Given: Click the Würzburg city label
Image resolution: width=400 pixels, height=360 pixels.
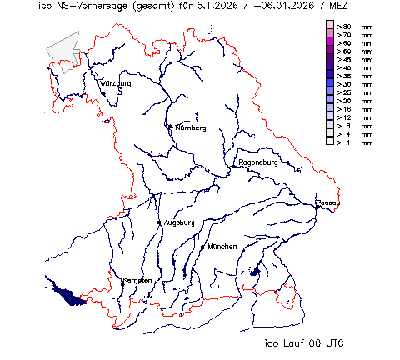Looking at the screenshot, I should pyautogui.click(x=116, y=84).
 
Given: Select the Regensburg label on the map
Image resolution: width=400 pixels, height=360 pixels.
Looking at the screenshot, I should pyautogui.click(x=257, y=162).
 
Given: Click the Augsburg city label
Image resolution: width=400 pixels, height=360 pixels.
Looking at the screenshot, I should pyautogui.click(x=179, y=222).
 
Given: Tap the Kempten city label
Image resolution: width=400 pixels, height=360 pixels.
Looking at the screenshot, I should pyautogui.click(x=137, y=280).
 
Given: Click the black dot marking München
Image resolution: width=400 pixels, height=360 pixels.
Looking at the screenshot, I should pyautogui.click(x=202, y=247).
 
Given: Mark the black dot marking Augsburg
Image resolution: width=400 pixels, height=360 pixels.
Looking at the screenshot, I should pyautogui.click(x=159, y=222).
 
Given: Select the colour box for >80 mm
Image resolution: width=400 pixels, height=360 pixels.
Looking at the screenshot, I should pyautogui.click(x=330, y=27).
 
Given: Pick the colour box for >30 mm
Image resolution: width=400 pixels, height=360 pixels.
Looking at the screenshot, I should pyautogui.click(x=330, y=84).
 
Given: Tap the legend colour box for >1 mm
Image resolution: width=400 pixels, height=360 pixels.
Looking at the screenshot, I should pyautogui.click(x=330, y=142).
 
